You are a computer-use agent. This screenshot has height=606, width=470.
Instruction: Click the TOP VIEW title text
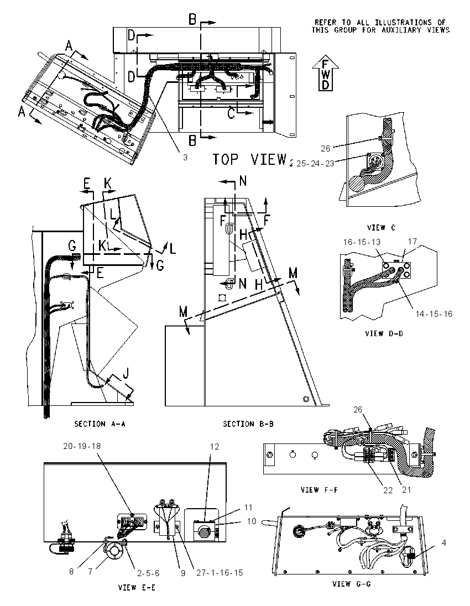(250, 159)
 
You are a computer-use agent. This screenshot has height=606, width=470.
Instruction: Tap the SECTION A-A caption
(100, 424)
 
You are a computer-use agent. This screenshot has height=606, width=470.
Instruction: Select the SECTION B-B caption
(248, 424)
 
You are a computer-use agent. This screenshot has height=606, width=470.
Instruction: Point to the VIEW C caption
(381, 228)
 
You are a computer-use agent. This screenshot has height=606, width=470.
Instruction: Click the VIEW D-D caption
(384, 333)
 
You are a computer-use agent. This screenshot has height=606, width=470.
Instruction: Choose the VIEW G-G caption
(351, 583)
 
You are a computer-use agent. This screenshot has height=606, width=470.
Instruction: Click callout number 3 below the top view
(185, 157)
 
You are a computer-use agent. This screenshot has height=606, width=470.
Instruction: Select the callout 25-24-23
(315, 164)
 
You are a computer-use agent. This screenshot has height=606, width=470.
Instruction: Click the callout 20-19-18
(82, 446)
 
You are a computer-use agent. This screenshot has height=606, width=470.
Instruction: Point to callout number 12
(215, 446)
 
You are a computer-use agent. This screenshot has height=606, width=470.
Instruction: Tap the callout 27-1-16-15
(220, 572)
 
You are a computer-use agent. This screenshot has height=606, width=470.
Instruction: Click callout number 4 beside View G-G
(443, 542)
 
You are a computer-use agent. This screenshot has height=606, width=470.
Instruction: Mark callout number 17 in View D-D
(412, 241)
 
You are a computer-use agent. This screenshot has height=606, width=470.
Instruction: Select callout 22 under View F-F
(388, 490)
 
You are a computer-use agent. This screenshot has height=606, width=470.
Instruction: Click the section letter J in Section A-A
(126, 374)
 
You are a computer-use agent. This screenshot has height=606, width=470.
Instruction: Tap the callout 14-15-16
(434, 314)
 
